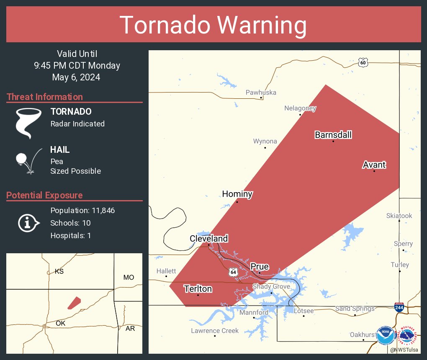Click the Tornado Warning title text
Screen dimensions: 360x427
[213, 25]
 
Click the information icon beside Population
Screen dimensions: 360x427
[28, 223]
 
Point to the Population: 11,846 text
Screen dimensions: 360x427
[82, 210]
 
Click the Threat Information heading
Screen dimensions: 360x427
[45, 97]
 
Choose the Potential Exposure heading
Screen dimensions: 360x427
[44, 195]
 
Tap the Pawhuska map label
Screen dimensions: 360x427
[261, 93]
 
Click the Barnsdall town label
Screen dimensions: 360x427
[333, 135]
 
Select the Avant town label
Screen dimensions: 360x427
[374, 165]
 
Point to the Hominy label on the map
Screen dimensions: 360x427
[237, 194]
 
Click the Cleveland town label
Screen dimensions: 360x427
[208, 239]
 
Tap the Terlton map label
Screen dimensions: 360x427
[198, 289]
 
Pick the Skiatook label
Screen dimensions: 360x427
[399, 216]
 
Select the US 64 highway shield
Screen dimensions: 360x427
[233, 273]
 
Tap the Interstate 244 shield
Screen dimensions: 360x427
[399, 307]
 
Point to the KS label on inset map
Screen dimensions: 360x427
[59, 272]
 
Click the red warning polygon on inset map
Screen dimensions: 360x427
[74, 303]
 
